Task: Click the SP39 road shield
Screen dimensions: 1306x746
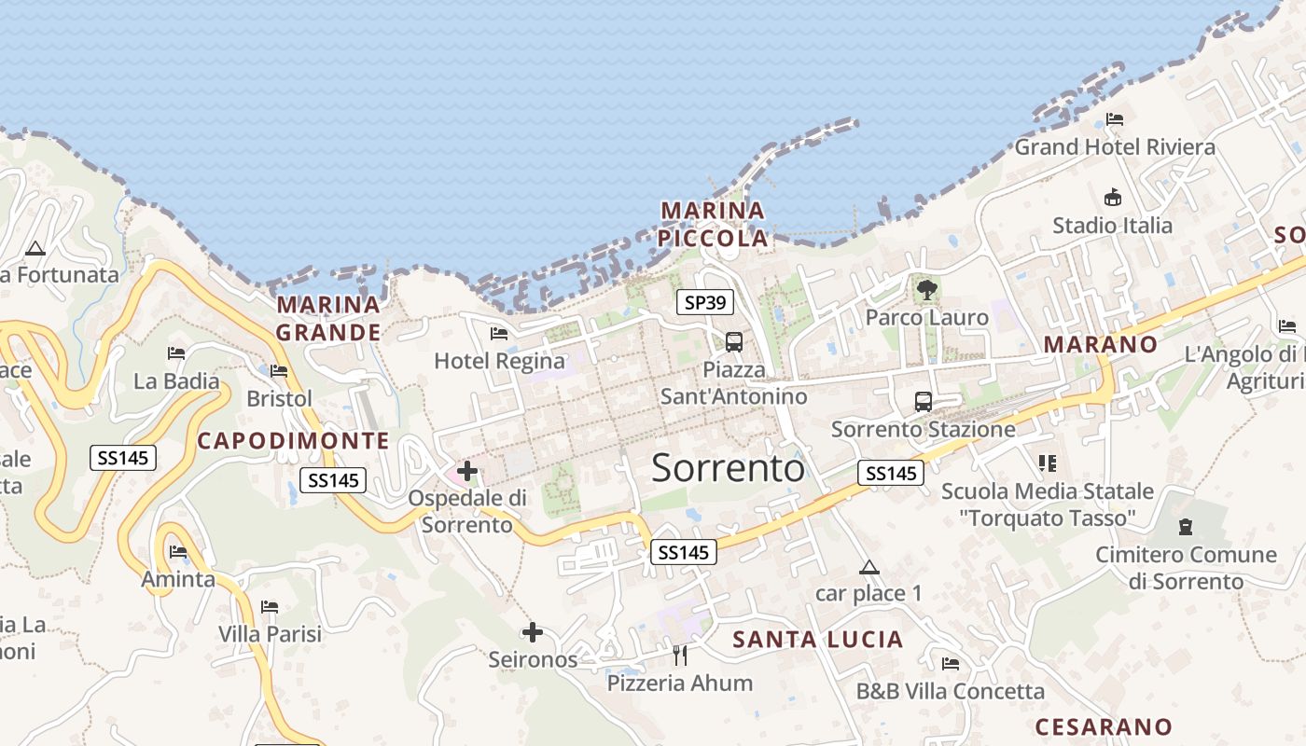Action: (x=705, y=302)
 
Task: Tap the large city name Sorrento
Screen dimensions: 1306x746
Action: (x=728, y=467)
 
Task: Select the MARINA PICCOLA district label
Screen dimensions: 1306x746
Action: (x=714, y=224)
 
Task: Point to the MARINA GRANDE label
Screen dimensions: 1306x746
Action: (x=328, y=318)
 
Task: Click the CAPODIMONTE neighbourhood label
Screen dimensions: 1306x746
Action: (x=294, y=441)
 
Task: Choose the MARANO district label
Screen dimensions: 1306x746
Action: (x=1100, y=344)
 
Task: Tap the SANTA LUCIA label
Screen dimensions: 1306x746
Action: (x=818, y=640)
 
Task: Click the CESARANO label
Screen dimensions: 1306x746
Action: (x=1104, y=726)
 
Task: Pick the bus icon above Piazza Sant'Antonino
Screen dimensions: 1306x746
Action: (x=734, y=341)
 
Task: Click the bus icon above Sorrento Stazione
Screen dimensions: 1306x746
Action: (x=923, y=402)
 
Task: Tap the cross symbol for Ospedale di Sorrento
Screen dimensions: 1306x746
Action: (x=467, y=472)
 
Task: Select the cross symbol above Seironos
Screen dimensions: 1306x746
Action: (x=532, y=633)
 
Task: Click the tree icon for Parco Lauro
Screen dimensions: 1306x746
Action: (x=926, y=290)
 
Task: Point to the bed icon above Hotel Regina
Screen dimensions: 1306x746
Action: (x=499, y=334)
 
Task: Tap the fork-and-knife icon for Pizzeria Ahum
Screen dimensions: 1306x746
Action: (x=680, y=656)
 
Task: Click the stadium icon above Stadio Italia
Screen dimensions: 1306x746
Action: (x=1112, y=198)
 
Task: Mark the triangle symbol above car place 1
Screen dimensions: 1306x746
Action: (x=868, y=567)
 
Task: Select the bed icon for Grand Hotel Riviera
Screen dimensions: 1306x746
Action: (x=1114, y=119)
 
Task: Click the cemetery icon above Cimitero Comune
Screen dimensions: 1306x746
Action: (x=1186, y=527)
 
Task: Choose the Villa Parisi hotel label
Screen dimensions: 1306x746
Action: (x=270, y=634)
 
